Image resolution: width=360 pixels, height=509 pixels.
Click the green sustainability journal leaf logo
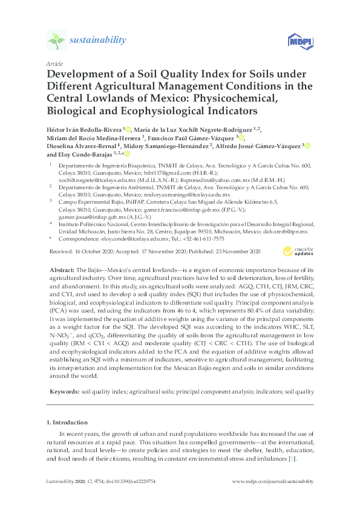(56, 41)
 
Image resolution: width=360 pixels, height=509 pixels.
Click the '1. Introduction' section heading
(67, 421)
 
